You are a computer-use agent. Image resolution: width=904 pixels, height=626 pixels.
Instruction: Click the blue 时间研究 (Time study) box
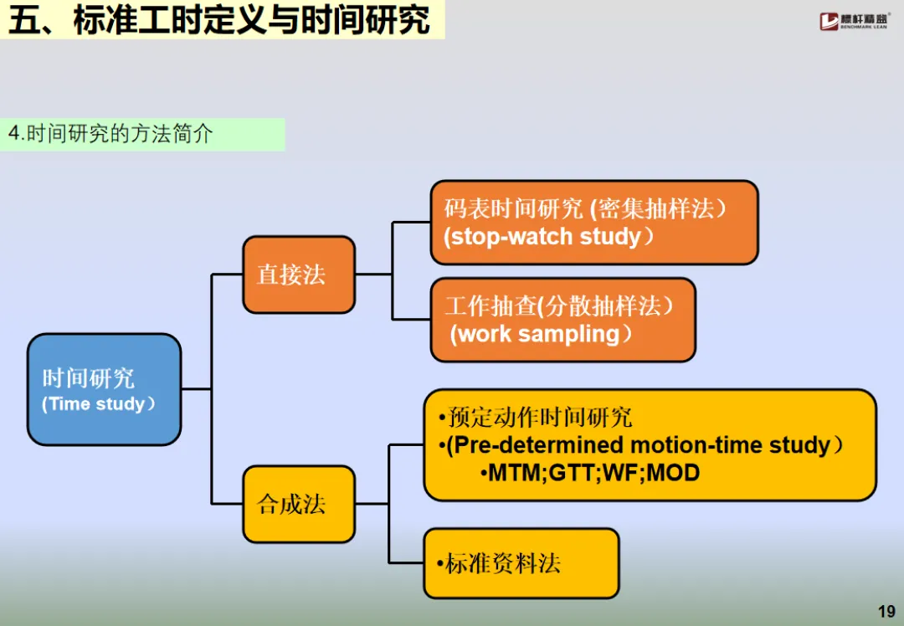pyautogui.click(x=104, y=389)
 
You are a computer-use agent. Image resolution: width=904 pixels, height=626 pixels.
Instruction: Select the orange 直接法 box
pyautogui.click(x=299, y=275)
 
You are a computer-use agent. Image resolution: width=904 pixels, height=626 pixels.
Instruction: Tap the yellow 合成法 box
pyautogui.click(x=299, y=504)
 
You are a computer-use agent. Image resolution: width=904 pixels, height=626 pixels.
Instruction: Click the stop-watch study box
pyautogui.click(x=594, y=223)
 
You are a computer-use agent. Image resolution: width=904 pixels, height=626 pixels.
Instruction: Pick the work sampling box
pyautogui.click(x=562, y=320)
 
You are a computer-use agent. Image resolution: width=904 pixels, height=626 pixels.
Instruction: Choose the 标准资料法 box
pyautogui.click(x=521, y=563)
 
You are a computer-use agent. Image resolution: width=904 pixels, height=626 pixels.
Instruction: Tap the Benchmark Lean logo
pyautogui.click(x=854, y=21)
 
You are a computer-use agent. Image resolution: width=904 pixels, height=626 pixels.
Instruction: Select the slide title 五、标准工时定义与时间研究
pyautogui.click(x=222, y=21)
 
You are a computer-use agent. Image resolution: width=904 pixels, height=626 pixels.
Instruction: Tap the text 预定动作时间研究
pyautogui.click(x=540, y=417)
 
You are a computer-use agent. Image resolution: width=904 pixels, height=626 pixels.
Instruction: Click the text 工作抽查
pyautogui.click(x=490, y=306)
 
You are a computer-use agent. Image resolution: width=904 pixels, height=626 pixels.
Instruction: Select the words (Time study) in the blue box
pyautogui.click(x=99, y=404)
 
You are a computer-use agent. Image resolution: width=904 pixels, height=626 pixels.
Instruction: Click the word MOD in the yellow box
pyautogui.click(x=673, y=473)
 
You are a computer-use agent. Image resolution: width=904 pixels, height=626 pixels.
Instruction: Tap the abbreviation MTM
pyautogui.click(x=516, y=473)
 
